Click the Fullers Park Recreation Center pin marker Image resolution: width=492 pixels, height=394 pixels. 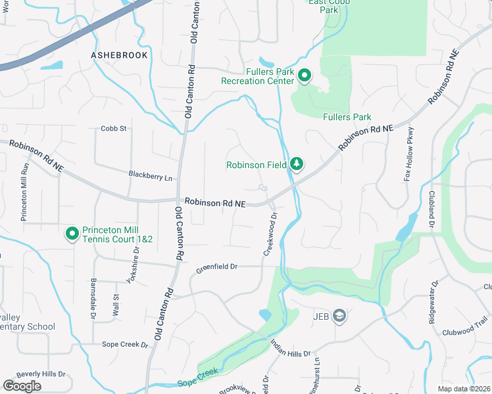[x=305, y=76]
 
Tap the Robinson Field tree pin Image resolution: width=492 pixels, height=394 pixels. [x=297, y=164]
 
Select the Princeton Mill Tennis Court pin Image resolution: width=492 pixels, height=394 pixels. [x=72, y=233]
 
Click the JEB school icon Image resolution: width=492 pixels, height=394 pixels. [x=339, y=317]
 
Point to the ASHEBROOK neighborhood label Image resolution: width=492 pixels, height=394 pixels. [x=120, y=55]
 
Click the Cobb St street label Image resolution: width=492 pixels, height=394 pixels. [x=114, y=129]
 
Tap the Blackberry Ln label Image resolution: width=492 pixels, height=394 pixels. [x=150, y=177]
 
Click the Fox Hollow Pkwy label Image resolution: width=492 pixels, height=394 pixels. [x=410, y=154]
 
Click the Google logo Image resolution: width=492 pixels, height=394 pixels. [x=22, y=385]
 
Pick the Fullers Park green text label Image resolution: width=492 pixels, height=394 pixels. [x=347, y=118]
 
